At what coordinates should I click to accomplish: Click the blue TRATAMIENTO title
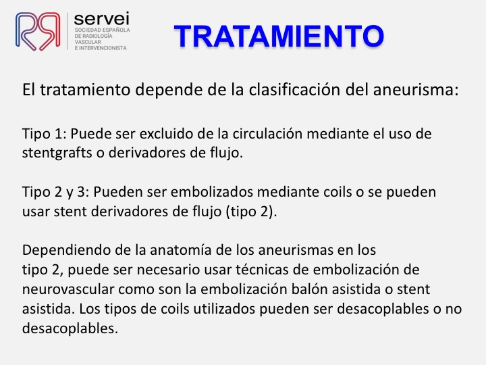pos(279,36)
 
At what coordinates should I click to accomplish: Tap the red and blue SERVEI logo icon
pos(38,31)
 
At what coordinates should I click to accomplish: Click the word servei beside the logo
pos(101,19)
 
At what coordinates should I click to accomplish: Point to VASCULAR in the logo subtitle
pos(88,42)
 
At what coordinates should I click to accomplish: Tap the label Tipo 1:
pos(45,134)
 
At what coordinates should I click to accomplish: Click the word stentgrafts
pos(57,153)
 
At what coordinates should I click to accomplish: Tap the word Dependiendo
pos(66,251)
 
